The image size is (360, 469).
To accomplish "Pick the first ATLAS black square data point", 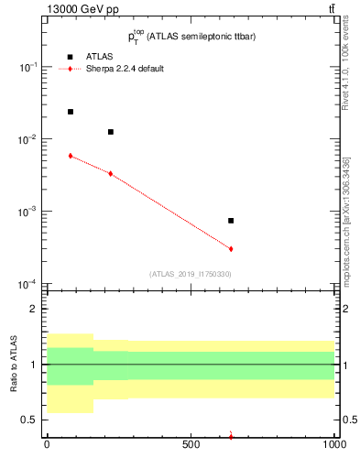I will pyautogui.click(x=71, y=112).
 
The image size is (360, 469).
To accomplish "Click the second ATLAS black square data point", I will pyautogui.click(x=111, y=132).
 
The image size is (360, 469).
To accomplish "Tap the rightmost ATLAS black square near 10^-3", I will pyautogui.click(x=231, y=221).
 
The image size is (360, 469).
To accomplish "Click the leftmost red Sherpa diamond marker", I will pyautogui.click(x=71, y=156).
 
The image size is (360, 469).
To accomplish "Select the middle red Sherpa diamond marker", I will pyautogui.click(x=111, y=173).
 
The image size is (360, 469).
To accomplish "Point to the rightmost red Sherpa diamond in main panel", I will pyautogui.click(x=231, y=248).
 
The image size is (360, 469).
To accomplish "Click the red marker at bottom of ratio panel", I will pyautogui.click(x=231, y=436).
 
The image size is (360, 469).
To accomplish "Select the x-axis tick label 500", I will pyautogui.click(x=191, y=446).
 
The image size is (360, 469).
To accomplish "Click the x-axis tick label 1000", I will pyautogui.click(x=334, y=446).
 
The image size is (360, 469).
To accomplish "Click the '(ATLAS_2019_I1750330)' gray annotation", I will pyautogui.click(x=190, y=274).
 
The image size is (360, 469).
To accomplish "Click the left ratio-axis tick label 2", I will pyautogui.click(x=33, y=309).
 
